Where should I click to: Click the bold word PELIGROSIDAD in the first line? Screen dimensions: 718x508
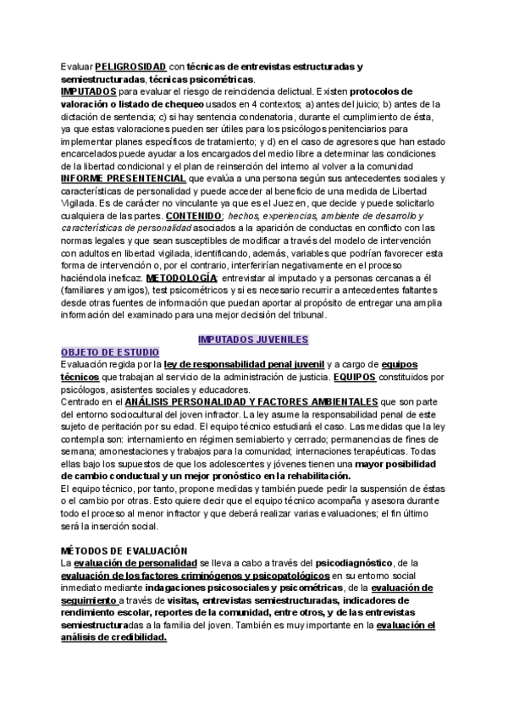coord(131,66)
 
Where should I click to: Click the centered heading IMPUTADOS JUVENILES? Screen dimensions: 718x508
coord(253,340)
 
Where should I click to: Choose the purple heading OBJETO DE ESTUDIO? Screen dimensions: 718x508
coord(115,351)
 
